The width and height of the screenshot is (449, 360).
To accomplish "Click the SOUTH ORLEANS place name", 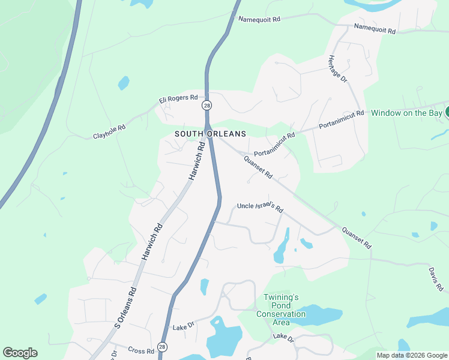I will (x=210, y=134).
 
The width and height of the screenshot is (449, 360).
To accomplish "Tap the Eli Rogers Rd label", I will (x=178, y=98).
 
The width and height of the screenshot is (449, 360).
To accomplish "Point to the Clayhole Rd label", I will (x=109, y=132).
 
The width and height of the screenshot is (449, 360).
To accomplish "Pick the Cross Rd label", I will (x=141, y=350).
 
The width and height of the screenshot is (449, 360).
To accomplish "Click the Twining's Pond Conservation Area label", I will (x=281, y=310).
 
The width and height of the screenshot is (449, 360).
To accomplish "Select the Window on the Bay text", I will (x=405, y=112).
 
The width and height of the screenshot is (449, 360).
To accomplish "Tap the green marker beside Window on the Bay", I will (x=447, y=112).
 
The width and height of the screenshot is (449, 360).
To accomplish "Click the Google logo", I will (x=20, y=353).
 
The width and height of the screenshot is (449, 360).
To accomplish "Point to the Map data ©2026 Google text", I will (x=412, y=355).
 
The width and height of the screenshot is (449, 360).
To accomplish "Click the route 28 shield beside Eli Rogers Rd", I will (x=206, y=106).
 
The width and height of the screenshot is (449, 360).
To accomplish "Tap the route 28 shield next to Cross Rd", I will (x=162, y=347).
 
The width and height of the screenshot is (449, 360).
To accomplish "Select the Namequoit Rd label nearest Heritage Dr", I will (x=375, y=28).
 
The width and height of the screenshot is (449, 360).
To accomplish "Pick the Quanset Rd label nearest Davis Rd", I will (x=357, y=238).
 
